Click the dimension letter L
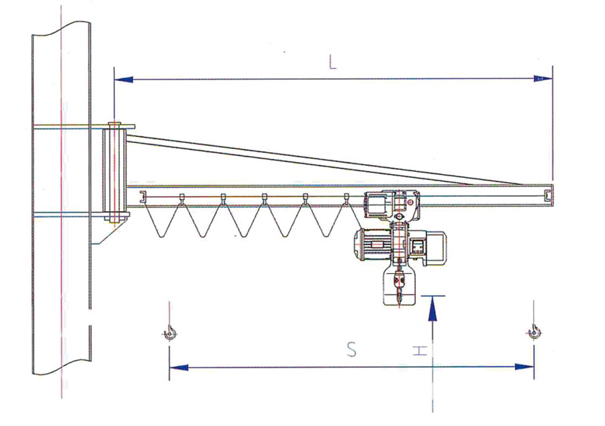pos(332,62)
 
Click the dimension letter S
pos(351,350)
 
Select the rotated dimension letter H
pos(420,351)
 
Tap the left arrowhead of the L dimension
pos(124,79)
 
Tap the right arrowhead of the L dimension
pos(543,79)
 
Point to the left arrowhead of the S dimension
pos(178,367)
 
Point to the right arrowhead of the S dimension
pos(524,366)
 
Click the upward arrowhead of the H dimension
pos(433,308)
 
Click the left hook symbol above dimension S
pos(169,333)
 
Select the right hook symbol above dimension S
pos(534,332)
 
